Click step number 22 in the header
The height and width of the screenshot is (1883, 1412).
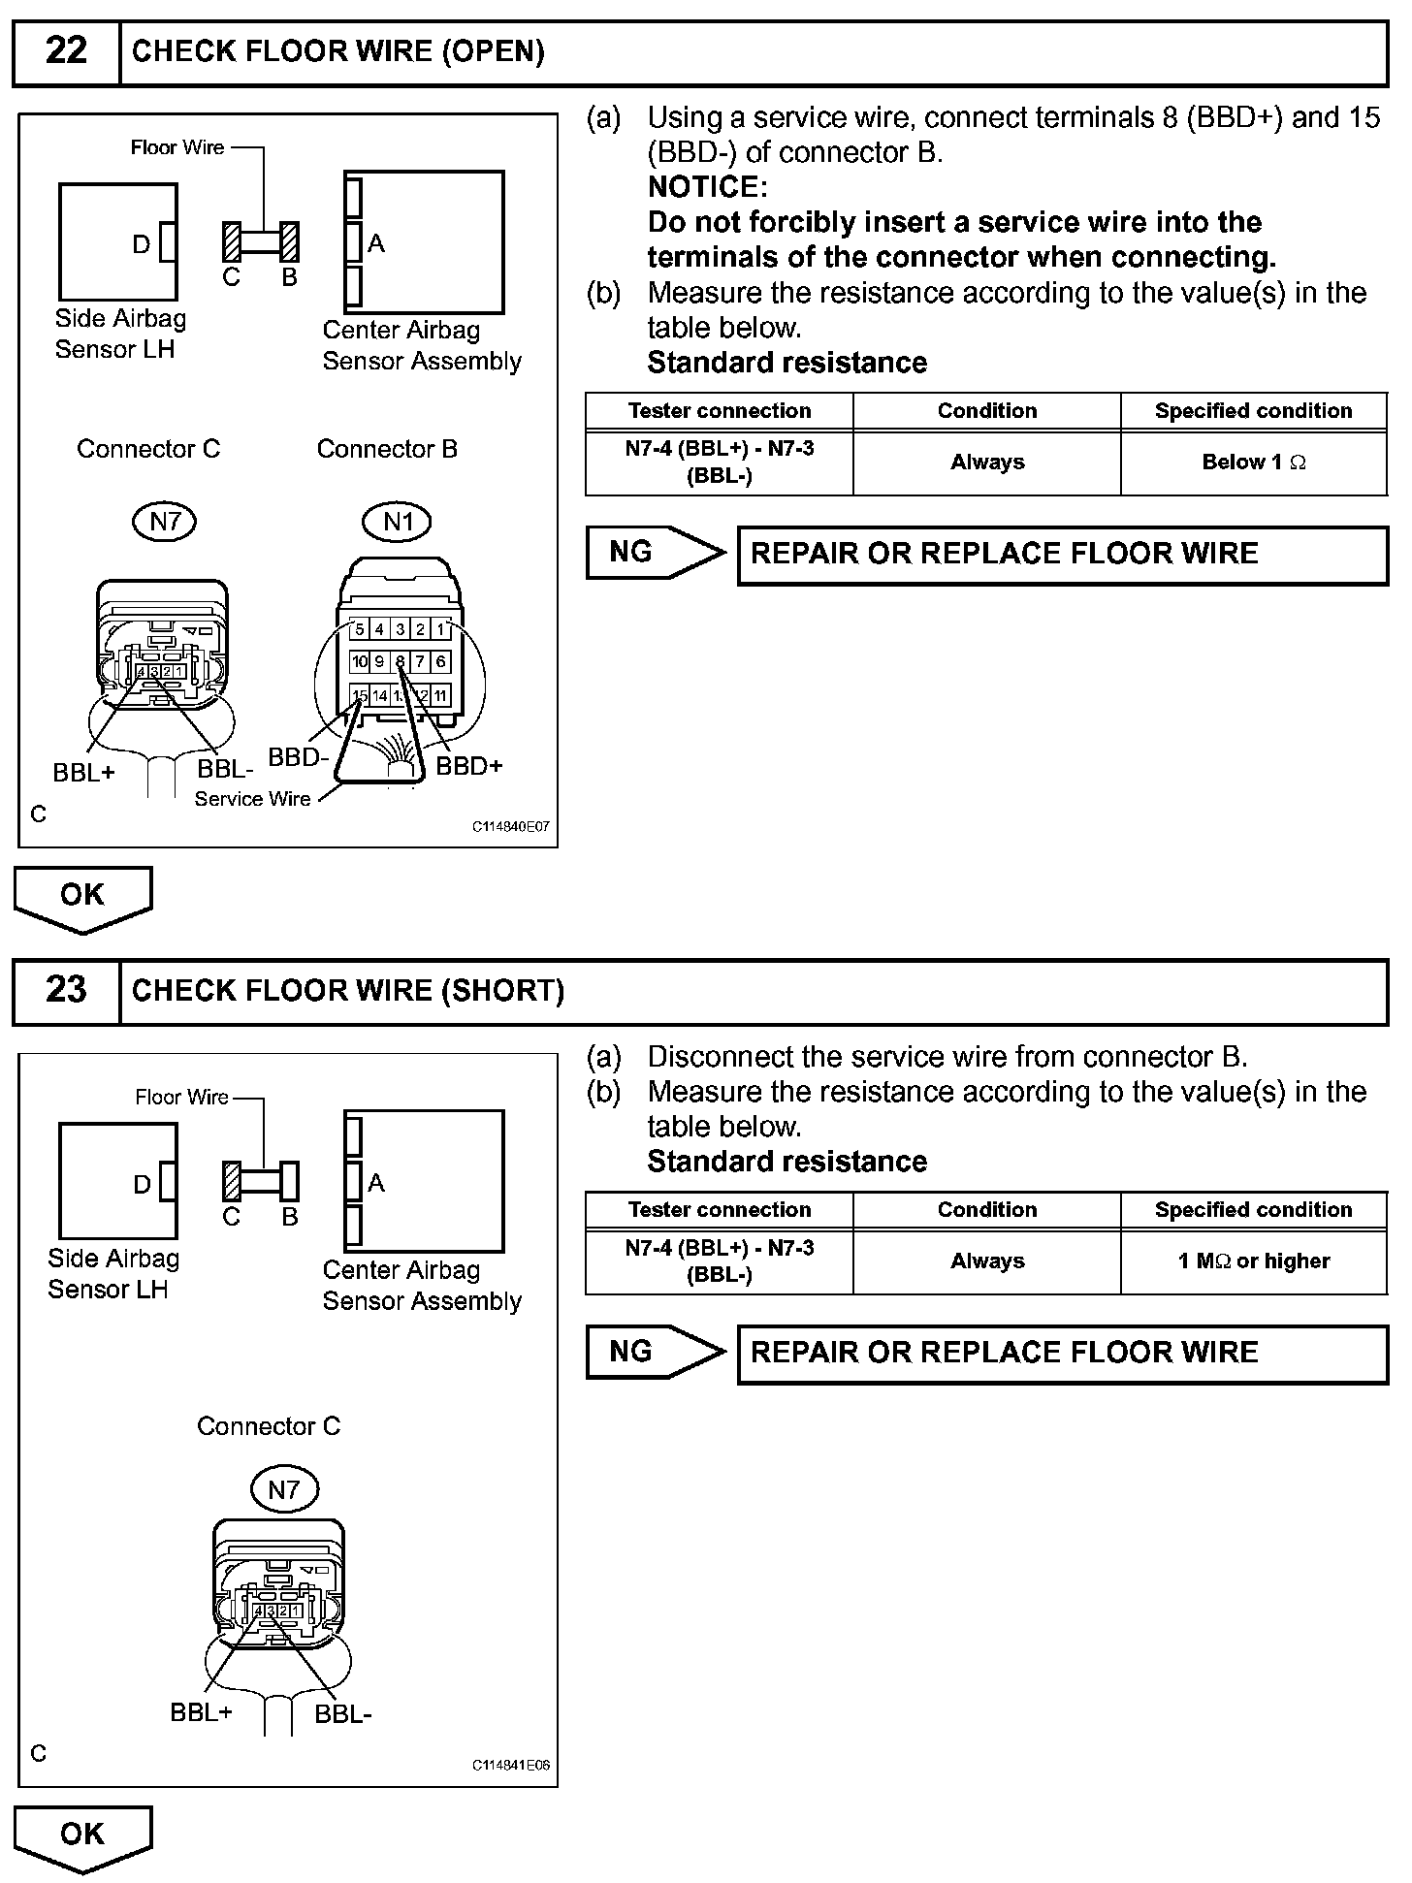point(66,51)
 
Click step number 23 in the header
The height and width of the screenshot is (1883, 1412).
point(66,990)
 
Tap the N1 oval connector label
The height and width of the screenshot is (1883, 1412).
point(398,523)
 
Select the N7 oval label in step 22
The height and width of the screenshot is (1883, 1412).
point(165,523)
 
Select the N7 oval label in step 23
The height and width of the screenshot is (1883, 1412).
point(283,1489)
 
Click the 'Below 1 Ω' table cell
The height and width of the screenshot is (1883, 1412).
point(1253,463)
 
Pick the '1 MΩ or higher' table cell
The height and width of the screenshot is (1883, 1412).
point(1253,1261)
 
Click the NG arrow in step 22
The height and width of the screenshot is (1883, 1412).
point(656,553)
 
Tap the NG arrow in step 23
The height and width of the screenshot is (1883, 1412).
point(656,1352)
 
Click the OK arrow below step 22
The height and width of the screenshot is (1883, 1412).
point(82,898)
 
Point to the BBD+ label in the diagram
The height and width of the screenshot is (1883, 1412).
point(469,766)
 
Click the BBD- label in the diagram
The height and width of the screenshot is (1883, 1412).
point(299,757)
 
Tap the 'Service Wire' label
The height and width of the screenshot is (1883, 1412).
point(252,799)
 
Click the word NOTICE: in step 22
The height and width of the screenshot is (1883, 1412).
point(707,186)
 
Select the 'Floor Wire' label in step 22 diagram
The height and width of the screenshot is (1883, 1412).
point(177,147)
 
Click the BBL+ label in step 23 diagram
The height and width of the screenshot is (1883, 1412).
point(202,1712)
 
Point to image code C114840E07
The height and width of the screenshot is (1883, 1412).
point(511,827)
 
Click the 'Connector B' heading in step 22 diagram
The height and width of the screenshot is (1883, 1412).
point(387,449)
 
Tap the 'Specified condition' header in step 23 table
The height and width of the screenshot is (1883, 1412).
point(1253,1210)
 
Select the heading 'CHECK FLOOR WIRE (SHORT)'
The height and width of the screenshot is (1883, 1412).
point(347,991)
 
